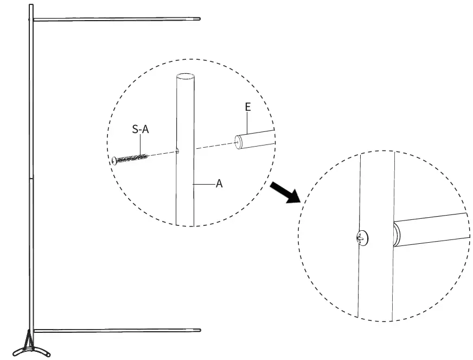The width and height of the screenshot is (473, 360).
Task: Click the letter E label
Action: click(248, 107)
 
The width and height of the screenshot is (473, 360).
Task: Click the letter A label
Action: click(219, 184)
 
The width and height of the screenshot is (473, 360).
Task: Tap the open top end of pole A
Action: click(186, 77)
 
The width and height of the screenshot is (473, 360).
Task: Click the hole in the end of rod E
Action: click(239, 143)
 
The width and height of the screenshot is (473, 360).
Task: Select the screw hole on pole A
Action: click(177, 151)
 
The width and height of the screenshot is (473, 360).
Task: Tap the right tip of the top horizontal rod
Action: click(199, 20)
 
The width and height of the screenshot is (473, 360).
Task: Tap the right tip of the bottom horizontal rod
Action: click(199, 330)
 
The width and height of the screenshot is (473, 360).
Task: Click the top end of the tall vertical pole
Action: click(31, 6)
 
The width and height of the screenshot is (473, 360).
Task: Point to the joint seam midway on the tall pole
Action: click(31, 177)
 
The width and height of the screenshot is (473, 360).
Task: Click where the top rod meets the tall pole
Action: click(34, 20)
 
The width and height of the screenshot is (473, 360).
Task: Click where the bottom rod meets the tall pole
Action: click(34, 330)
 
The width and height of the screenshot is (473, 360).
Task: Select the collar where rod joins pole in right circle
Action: click(397, 234)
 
